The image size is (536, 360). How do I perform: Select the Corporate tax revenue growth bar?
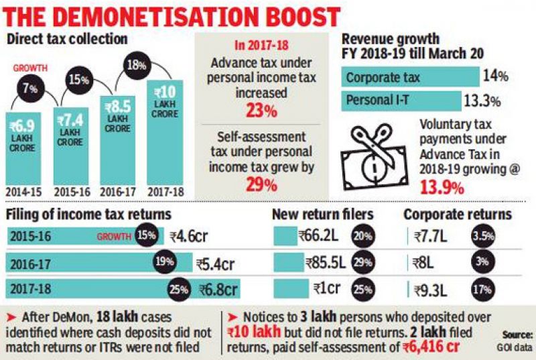409,77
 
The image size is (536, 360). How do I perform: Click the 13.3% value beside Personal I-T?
482,101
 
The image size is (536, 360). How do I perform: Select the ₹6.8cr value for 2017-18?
218,290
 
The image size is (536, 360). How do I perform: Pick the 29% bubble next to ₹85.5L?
361,263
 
